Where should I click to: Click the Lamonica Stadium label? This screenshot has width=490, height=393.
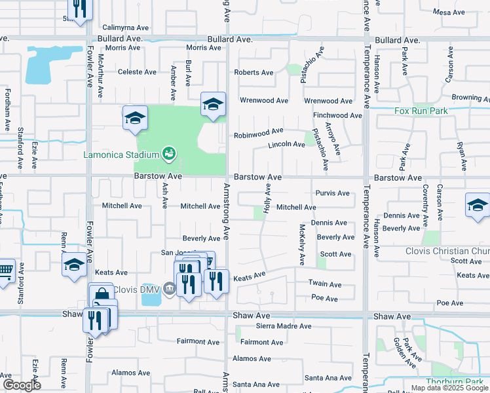(x=122, y=155)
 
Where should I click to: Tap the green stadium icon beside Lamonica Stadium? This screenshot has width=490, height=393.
(x=169, y=154)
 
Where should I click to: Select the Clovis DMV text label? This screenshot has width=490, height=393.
(x=138, y=289)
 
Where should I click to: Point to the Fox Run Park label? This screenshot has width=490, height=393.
(x=421, y=111)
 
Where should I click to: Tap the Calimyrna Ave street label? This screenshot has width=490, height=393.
(x=126, y=28)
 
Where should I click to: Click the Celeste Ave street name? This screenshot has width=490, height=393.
(x=137, y=72)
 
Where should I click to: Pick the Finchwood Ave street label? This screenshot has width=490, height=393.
(x=337, y=115)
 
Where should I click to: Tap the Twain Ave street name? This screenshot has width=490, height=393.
(x=325, y=284)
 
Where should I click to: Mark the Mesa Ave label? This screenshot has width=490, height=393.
(x=449, y=12)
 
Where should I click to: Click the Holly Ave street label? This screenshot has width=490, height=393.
(x=267, y=196)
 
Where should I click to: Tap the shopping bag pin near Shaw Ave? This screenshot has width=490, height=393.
(x=101, y=297)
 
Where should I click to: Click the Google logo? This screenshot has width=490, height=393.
(x=22, y=385)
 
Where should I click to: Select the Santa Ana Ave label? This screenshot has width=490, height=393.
(x=328, y=378)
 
